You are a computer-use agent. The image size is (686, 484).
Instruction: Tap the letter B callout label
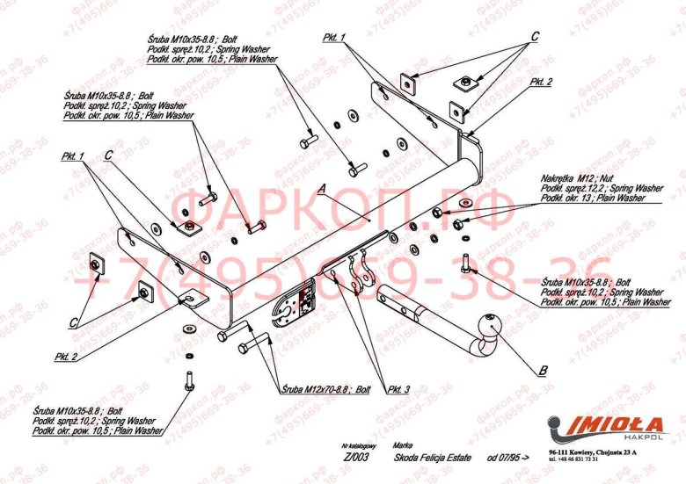543,369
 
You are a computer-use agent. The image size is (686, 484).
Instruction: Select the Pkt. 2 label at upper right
541,82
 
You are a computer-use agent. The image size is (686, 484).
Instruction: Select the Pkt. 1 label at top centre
334,38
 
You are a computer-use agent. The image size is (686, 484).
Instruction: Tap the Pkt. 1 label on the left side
72,155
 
